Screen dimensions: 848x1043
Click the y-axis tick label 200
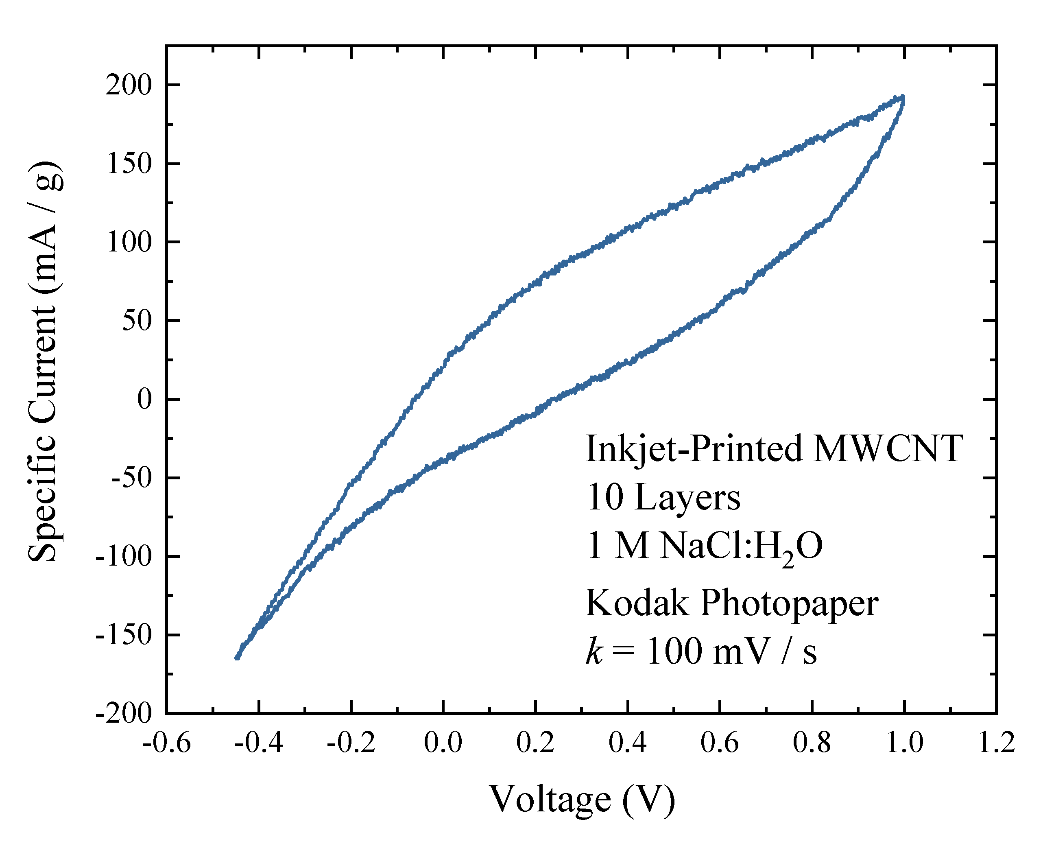point(129,85)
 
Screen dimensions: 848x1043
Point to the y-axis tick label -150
point(124,636)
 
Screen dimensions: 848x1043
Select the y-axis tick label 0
point(144,400)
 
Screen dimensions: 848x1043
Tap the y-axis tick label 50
point(137,321)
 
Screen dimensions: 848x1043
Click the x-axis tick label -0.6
point(166,743)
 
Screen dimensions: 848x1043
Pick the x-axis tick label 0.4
point(627,743)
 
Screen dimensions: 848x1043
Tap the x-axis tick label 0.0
point(443,743)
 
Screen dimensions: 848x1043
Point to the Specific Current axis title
point(45,361)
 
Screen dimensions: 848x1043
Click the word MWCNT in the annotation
point(888,448)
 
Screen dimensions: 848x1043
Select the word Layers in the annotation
point(687,498)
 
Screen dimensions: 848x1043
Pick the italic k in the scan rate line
point(594,651)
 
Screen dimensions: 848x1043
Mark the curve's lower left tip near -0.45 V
point(237,658)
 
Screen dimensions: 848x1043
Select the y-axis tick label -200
point(124,714)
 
